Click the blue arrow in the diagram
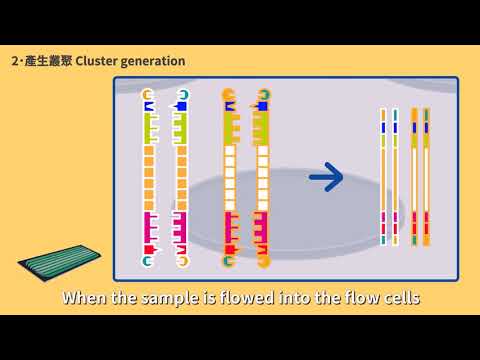[x=326, y=178]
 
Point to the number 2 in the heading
[x=14, y=61]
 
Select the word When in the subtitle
[x=88, y=297]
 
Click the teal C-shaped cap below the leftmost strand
[x=149, y=261]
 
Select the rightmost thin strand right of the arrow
[x=427, y=178]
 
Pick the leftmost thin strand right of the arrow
[x=381, y=178]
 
